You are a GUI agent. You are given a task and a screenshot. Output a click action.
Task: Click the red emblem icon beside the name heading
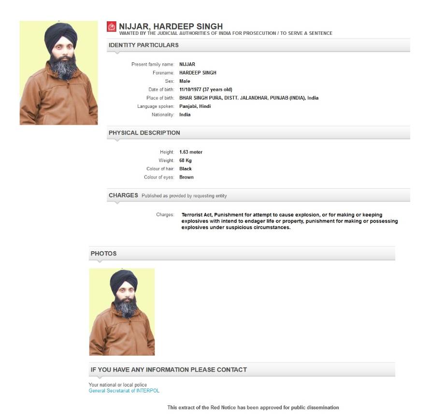point(112,27)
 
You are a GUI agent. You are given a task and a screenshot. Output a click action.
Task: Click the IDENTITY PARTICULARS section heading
point(144,45)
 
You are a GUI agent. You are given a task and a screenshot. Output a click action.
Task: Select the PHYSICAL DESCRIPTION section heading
point(144,133)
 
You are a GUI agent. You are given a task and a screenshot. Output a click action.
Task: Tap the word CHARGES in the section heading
point(123,195)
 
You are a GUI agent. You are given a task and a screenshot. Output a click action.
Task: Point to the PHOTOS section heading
point(103,254)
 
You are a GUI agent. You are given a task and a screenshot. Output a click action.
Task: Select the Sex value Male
point(185,81)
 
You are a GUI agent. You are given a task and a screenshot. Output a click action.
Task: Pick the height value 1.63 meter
point(191,152)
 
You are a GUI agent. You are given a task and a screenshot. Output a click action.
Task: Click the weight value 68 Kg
point(186,160)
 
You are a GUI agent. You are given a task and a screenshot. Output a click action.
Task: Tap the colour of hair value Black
point(186,169)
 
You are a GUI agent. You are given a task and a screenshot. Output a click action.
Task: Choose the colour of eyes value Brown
point(187,177)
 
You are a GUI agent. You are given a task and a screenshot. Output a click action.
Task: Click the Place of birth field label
point(161,98)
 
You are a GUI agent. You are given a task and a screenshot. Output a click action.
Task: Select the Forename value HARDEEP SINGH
point(198,73)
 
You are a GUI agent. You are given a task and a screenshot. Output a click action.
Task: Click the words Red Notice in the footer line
point(224,407)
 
